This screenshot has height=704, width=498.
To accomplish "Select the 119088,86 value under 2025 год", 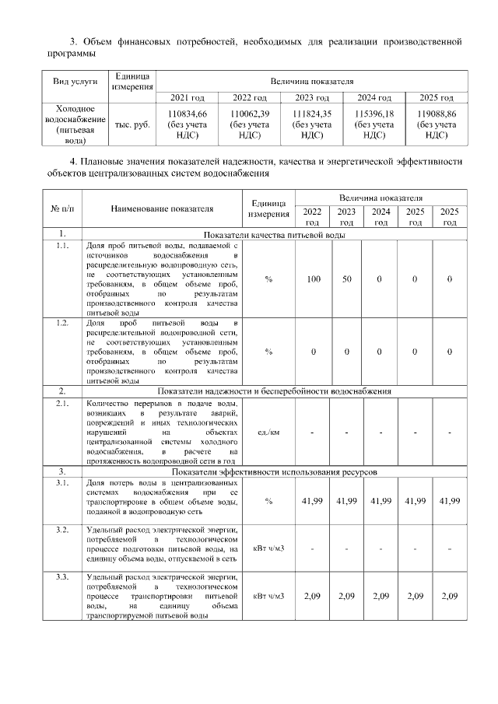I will pos(437,114).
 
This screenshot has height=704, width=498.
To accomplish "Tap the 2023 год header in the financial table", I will pos(311,97).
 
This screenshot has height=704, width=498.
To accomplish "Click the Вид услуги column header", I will pos(75,82).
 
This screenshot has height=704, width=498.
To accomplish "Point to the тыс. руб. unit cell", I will pos(132,124).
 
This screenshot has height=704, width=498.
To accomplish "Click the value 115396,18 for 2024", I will pos(374,114).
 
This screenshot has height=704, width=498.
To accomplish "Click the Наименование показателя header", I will pos(161,208).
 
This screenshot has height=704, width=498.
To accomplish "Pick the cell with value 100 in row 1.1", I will pos(314,278).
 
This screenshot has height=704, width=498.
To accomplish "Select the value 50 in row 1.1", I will pos(348,278).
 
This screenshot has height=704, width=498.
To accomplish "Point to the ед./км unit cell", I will pos(268,432).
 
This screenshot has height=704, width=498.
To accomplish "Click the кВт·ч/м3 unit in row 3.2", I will pos(268,548).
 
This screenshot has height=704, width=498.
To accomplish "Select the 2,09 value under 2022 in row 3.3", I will pos(314,596).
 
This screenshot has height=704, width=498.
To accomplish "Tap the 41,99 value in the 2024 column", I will pos(381,501).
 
